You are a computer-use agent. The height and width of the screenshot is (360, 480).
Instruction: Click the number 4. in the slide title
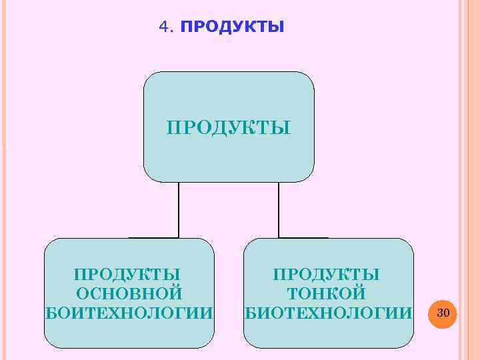tap(166, 27)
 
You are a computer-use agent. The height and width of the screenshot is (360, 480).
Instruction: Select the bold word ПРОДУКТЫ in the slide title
tap(232, 27)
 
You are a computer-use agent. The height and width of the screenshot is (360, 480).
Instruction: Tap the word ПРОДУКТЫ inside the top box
tap(228, 127)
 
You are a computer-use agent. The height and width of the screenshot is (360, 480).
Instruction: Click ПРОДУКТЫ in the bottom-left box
tap(128, 274)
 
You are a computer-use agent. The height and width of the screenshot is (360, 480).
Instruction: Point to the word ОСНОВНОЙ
tap(129, 293)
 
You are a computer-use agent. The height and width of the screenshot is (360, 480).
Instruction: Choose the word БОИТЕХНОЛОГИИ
tap(129, 313)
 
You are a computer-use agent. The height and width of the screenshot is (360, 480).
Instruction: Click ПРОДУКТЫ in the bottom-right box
tap(327, 274)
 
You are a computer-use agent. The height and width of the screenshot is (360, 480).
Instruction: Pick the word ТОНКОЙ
tap(327, 293)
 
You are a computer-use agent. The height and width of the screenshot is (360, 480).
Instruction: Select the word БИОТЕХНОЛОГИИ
tap(328, 313)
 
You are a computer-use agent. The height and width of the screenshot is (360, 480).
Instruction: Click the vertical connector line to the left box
tap(179, 209)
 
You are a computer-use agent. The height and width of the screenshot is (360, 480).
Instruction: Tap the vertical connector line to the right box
tap(279, 209)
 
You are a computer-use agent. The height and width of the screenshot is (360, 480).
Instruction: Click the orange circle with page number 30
tap(443, 313)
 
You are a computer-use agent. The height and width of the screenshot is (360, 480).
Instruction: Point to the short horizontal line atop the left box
tap(154, 237)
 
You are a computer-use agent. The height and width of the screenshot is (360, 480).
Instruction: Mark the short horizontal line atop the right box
tap(303, 237)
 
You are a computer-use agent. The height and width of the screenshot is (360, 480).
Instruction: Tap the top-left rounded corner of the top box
tap(148, 77)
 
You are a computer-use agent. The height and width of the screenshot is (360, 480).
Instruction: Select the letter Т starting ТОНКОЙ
tap(291, 293)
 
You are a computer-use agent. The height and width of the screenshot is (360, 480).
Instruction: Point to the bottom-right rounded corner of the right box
tap(408, 343)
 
